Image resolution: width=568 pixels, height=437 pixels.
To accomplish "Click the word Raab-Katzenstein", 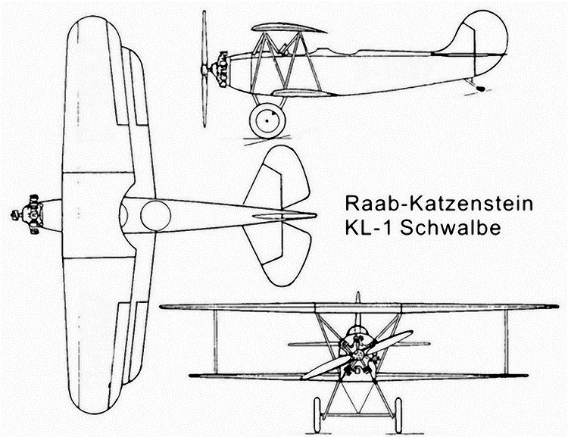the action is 438,204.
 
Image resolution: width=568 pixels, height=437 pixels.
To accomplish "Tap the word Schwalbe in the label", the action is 451,228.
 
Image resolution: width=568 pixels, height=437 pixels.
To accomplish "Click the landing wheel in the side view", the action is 267,121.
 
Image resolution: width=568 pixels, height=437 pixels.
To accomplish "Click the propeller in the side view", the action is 204,69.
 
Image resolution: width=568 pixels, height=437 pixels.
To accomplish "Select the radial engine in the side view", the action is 223,70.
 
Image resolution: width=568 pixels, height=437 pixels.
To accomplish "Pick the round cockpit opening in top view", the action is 156,216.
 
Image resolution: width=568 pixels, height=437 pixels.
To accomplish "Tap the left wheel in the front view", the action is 317,415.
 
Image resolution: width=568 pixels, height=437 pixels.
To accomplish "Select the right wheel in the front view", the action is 398,415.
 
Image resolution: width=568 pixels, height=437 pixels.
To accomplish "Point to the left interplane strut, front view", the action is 215,342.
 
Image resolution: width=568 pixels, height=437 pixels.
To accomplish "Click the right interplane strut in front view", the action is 506,342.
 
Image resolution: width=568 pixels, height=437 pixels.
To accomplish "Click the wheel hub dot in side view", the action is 267,120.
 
